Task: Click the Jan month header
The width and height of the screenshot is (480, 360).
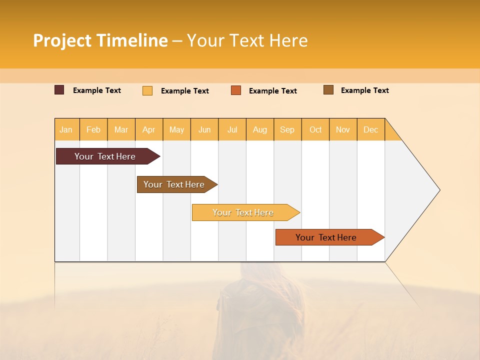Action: (x=66, y=129)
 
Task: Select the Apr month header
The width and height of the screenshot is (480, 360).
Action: (x=149, y=129)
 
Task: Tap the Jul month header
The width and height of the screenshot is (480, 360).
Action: (x=232, y=129)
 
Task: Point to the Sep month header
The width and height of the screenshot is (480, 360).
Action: (x=287, y=129)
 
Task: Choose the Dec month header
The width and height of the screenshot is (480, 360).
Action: (x=370, y=129)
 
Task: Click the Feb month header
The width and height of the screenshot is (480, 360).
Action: (x=93, y=129)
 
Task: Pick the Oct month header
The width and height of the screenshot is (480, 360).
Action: (x=315, y=129)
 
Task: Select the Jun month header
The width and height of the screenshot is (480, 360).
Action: (x=204, y=129)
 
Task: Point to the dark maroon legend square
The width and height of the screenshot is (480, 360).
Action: (x=59, y=90)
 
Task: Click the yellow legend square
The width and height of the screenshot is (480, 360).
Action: (x=147, y=90)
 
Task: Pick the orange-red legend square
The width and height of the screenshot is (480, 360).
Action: (x=236, y=90)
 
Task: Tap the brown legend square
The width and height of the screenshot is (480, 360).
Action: (x=328, y=90)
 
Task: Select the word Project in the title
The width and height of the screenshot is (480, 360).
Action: (x=62, y=40)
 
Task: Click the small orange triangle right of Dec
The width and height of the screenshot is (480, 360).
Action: (x=391, y=133)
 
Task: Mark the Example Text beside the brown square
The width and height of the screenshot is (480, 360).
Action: (x=364, y=90)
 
